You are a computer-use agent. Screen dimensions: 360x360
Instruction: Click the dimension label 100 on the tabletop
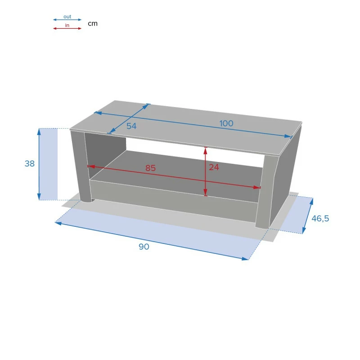(x=226, y=123)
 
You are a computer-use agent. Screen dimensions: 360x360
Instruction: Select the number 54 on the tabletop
(x=131, y=126)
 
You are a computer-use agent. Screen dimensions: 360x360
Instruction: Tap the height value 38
(x=30, y=163)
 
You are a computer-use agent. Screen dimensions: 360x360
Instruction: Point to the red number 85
(x=150, y=168)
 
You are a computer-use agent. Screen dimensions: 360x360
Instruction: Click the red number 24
(x=214, y=167)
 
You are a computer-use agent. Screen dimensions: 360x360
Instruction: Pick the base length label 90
(x=144, y=247)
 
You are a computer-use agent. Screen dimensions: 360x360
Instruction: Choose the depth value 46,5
(x=320, y=219)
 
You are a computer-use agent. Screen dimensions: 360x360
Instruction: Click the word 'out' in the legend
(x=67, y=17)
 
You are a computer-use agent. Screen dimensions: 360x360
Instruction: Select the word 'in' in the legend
(x=67, y=25)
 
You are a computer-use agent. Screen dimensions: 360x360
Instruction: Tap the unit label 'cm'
(x=93, y=24)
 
